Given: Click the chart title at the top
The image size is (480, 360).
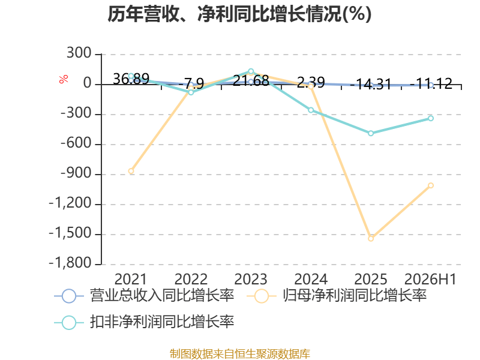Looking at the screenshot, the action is click(x=239, y=14).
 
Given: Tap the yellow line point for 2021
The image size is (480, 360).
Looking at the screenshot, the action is click(x=131, y=171).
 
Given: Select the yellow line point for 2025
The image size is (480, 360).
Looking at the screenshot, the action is click(x=371, y=238).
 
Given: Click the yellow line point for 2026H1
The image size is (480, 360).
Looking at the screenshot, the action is click(x=431, y=185).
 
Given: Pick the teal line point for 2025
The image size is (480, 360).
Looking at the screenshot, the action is click(x=371, y=133).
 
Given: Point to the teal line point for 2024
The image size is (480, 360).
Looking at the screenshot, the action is click(x=311, y=110).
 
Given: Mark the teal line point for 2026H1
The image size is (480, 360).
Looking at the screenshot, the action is click(x=431, y=118).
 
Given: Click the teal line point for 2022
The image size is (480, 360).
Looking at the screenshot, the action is click(x=191, y=92).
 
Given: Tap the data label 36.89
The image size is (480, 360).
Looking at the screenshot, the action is click(x=131, y=79).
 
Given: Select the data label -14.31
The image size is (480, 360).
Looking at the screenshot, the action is click(x=371, y=84).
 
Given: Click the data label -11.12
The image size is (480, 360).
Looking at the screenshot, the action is click(x=431, y=83).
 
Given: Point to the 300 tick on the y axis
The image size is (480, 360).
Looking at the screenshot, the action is click(x=79, y=53).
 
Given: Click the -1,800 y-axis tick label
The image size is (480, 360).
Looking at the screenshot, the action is click(x=70, y=263).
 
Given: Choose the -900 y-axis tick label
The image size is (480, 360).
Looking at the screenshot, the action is click(x=76, y=173).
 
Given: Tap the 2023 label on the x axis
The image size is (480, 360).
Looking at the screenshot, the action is click(x=251, y=279).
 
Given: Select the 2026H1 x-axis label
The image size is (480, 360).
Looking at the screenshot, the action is click(x=430, y=279).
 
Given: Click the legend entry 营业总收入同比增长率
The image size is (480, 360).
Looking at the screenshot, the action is click(x=144, y=296).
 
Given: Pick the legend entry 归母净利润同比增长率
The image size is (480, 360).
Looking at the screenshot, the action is click(x=337, y=296).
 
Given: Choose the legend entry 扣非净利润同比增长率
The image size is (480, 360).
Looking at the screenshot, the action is click(x=144, y=322).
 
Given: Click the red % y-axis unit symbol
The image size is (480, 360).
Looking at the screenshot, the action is click(x=64, y=79).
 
